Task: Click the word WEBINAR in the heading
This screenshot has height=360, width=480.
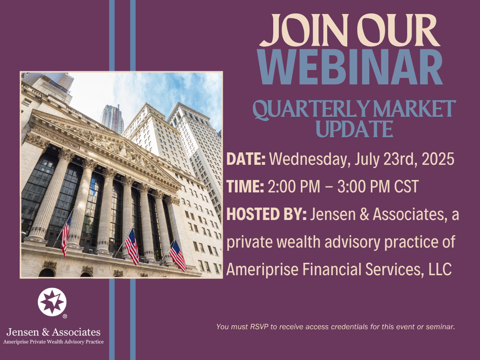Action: [x=350, y=67]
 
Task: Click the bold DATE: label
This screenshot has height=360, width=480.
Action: [x=246, y=159]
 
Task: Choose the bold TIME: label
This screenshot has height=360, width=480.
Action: [x=245, y=186]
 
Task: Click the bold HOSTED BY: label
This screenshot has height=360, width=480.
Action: [x=266, y=214]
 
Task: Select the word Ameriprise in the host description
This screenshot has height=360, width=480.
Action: [x=262, y=270]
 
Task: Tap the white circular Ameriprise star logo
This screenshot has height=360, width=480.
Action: [x=52, y=302]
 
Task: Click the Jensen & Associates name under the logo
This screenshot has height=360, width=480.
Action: [x=54, y=332]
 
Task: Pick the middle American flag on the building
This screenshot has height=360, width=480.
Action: [x=132, y=246]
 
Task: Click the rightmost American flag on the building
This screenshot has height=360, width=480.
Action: [x=178, y=256]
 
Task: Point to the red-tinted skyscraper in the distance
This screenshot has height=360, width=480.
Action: [x=112, y=119]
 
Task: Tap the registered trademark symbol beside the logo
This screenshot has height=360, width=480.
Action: [x=65, y=316]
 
